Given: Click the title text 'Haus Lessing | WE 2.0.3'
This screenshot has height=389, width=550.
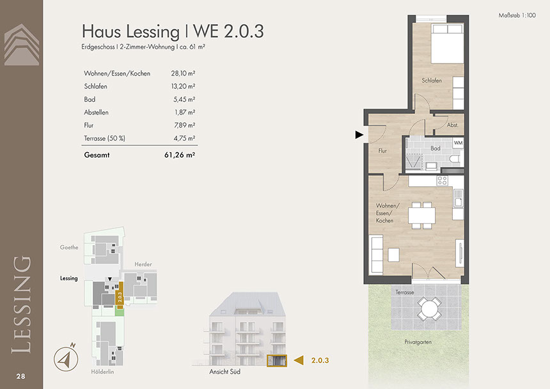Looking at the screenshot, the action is pos(173,31).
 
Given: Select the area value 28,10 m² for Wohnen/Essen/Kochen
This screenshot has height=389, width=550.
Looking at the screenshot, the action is pos(183,74).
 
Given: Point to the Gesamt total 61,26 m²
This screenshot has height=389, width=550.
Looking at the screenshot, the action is pos(179,155).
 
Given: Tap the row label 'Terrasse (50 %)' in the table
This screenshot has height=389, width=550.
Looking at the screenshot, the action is pos(104,138).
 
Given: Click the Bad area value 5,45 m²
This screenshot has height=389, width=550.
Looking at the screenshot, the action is pos(184,99).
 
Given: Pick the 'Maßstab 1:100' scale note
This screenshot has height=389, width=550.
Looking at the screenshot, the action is pos(517,15).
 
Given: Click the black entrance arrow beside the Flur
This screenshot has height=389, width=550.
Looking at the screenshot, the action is pos(359,135).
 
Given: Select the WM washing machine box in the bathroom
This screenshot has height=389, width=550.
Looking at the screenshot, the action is pos(458,143).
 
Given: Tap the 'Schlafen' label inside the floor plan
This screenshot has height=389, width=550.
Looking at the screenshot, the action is pos(432,81).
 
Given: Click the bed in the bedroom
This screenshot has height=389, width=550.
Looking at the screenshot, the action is pos(447,44).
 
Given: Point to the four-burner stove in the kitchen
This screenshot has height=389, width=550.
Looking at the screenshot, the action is pos(442,180).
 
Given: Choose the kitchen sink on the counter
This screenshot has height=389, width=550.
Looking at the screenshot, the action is pos(458,198).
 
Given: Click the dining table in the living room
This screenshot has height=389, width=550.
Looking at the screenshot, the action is pos(421,216).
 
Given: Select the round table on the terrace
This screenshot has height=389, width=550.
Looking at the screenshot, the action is pos(429,308).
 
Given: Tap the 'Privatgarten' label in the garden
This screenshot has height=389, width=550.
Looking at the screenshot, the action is pos(418,342).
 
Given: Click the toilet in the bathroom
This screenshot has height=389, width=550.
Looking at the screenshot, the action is pos(455,160).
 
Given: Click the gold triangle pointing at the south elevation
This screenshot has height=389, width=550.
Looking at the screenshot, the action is pos(299,360).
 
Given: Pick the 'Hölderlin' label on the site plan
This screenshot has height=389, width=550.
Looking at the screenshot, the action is pos(102,372).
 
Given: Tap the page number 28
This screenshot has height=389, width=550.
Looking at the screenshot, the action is pos(20,376).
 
